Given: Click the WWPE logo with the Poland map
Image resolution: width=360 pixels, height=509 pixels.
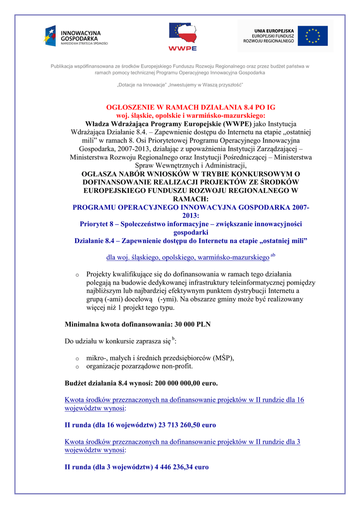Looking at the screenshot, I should [x=182, y=36].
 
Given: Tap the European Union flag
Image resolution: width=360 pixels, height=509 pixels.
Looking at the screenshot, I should [x=312, y=36].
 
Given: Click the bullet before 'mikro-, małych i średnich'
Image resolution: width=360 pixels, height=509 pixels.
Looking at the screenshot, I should [x=77, y=358].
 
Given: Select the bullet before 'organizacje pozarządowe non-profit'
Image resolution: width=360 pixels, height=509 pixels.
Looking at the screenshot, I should [x=77, y=367].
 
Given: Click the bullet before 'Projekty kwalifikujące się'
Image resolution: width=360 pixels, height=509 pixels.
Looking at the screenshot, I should [x=77, y=275].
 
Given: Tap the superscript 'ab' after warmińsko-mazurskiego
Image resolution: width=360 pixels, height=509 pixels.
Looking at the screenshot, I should [x=273, y=255].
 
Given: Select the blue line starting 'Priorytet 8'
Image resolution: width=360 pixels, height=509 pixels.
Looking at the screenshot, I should [x=190, y=224].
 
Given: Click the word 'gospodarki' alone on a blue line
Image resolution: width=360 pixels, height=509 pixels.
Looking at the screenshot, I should [x=190, y=232].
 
